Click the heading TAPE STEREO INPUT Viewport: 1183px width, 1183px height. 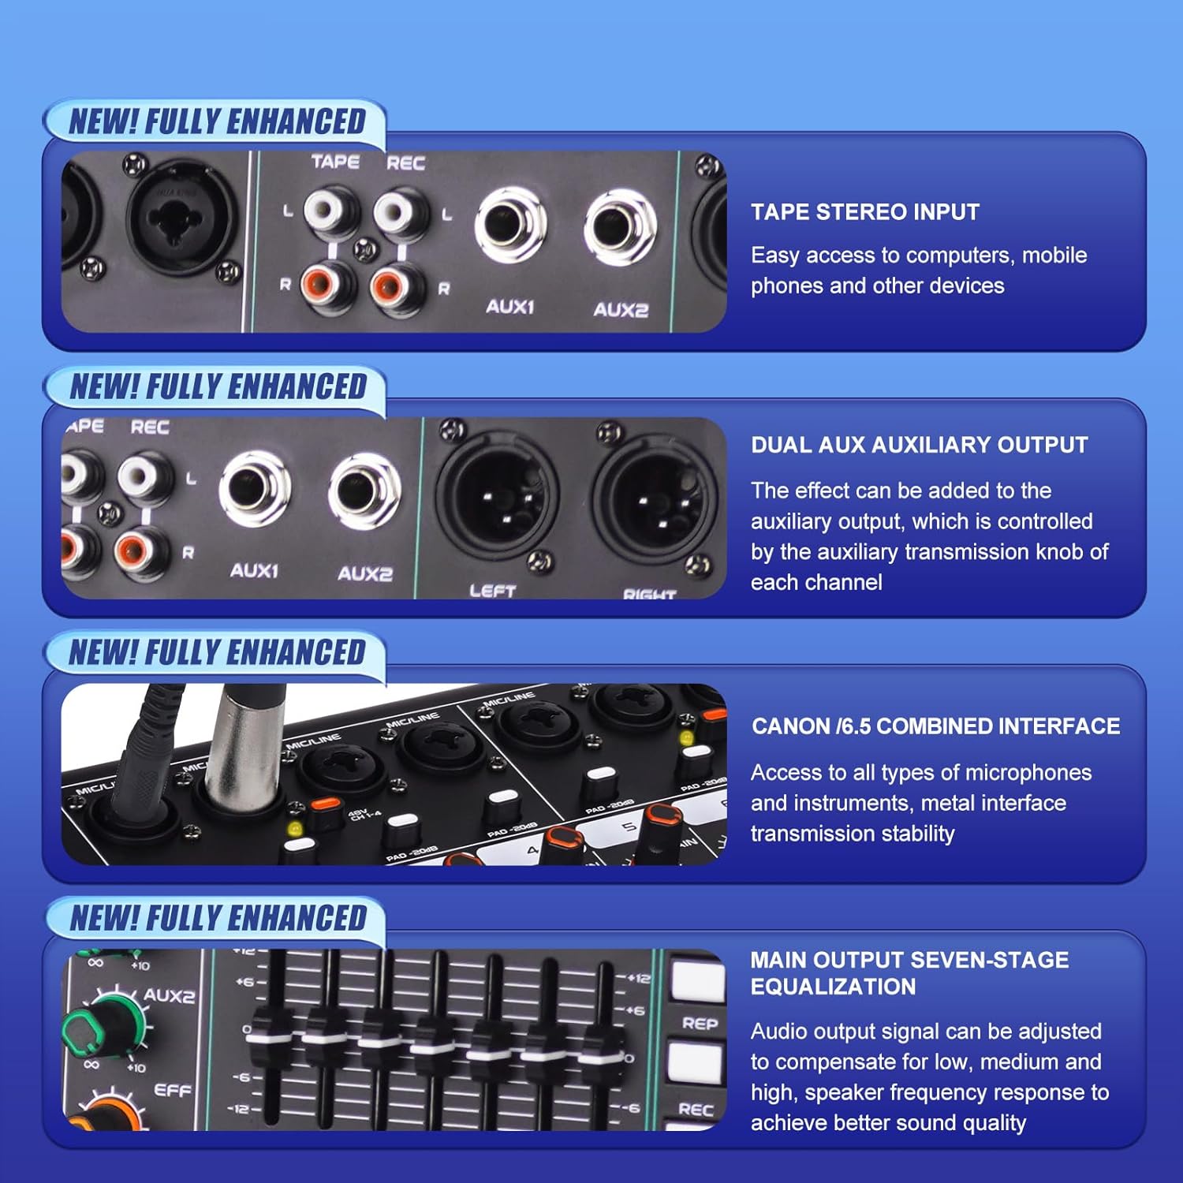click(x=864, y=212)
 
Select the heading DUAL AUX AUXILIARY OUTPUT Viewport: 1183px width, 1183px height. click(x=919, y=445)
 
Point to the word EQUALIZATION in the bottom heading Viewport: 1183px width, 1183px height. click(x=833, y=987)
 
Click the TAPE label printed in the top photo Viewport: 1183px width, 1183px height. click(x=335, y=162)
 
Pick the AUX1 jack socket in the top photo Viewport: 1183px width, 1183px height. click(x=510, y=224)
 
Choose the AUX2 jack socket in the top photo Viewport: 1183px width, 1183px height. click(x=620, y=227)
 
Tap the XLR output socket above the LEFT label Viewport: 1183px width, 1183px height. click(x=497, y=495)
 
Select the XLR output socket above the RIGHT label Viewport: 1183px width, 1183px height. click(x=655, y=498)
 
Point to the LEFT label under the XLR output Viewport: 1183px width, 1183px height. click(x=492, y=590)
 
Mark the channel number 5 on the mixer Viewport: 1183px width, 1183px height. click(x=628, y=827)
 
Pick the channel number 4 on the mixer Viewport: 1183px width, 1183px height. click(x=532, y=850)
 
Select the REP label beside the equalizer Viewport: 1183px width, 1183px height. click(x=700, y=1024)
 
